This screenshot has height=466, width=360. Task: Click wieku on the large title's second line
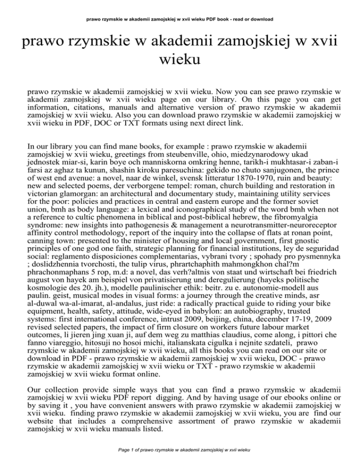180,60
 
